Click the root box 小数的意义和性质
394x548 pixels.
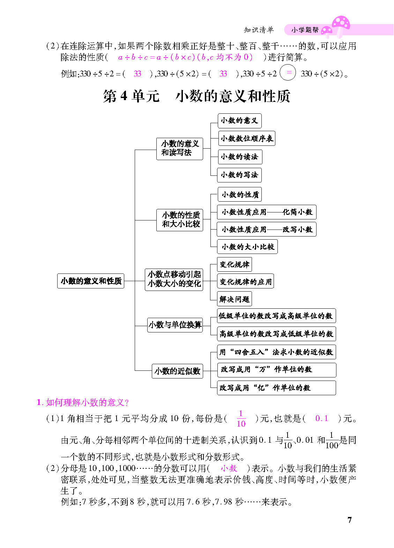pyautogui.click(x=90, y=281)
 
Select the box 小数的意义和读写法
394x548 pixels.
pyautogui.click(x=180, y=149)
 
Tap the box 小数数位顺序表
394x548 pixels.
pyautogui.click(x=246, y=138)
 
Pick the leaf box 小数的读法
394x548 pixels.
pyautogui.click(x=240, y=157)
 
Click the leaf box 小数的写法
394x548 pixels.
pyautogui.click(x=239, y=175)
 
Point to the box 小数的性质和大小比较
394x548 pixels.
pyautogui.click(x=180, y=220)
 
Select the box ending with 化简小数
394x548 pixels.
pyautogui.click(x=267, y=212)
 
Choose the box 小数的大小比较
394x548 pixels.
pyautogui.click(x=247, y=247)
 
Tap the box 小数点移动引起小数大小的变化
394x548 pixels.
pyautogui.click(x=174, y=279)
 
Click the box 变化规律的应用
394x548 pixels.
pyautogui.click(x=245, y=281)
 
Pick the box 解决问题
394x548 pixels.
pyautogui.click(x=235, y=299)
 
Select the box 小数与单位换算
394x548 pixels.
pyautogui.click(x=175, y=325)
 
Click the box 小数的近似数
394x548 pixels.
pyautogui.click(x=177, y=371)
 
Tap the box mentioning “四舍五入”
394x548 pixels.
pyautogui.click(x=276, y=352)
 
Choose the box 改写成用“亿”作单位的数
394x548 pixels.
pyautogui.click(x=276, y=388)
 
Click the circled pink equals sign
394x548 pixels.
pyautogui.click(x=288, y=73)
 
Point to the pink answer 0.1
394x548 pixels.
pyautogui.click(x=321, y=418)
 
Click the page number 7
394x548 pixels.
pyautogui.click(x=350, y=520)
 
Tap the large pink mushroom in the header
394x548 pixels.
pyautogui.click(x=341, y=27)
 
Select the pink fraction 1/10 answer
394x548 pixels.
pyautogui.click(x=241, y=419)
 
